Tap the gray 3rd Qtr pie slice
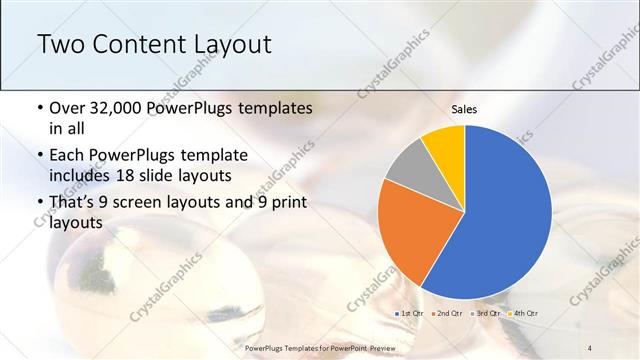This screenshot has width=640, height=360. pos(406,166)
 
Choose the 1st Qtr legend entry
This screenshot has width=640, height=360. pos(411,314)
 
